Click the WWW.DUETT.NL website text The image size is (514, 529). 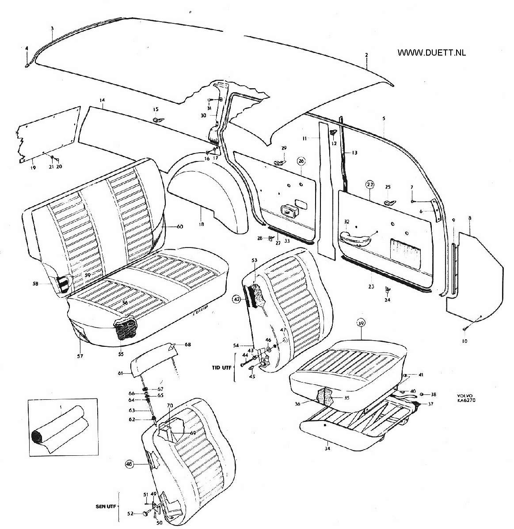432,53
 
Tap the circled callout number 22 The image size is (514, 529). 370,184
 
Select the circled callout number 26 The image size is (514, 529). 301,161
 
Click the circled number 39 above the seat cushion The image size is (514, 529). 362,323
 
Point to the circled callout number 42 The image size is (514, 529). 237,299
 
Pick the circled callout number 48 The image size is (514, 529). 129,464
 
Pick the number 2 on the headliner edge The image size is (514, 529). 366,55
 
